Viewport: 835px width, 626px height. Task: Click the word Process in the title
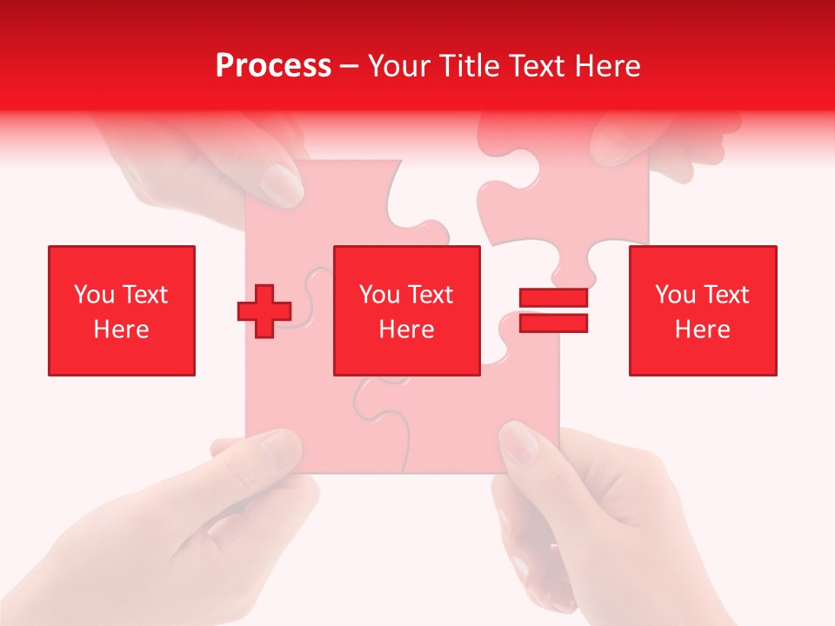273,66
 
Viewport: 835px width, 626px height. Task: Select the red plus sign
264,311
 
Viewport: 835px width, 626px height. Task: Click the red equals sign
553,310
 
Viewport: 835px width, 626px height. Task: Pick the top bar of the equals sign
553,298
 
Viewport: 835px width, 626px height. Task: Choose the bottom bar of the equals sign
553,323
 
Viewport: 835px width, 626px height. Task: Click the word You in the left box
94,295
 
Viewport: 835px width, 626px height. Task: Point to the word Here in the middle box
407,330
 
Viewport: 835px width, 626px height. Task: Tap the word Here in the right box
703,330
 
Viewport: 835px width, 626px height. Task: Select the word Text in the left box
145,295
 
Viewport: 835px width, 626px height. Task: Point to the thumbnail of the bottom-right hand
519,443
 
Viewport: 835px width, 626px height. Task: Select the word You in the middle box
379,295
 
